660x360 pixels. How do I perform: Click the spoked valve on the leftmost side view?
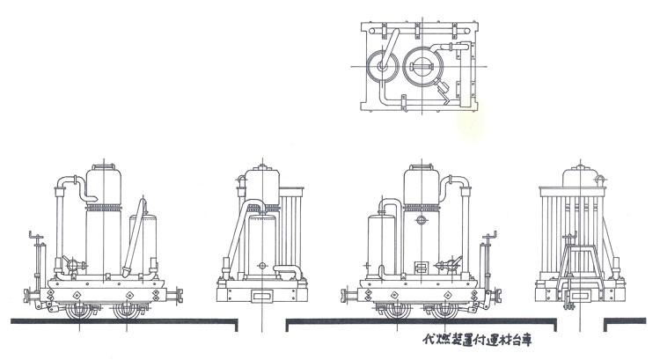tap(70, 262)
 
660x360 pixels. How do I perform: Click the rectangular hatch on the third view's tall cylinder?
tap(421, 266)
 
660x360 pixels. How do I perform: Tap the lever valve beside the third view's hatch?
tap(451, 262)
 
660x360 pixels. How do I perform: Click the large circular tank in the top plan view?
tap(426, 64)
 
